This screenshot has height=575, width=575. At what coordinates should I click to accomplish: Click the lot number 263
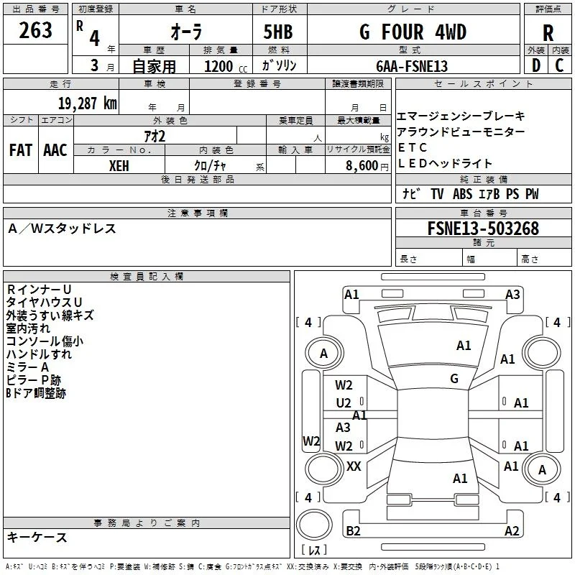(35, 30)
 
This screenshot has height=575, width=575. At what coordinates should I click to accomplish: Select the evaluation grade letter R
(548, 33)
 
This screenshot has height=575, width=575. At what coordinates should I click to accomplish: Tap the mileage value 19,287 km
(87, 103)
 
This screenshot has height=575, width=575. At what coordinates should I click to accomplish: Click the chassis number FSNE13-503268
(483, 229)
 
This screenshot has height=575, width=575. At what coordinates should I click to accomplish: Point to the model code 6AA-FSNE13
(412, 66)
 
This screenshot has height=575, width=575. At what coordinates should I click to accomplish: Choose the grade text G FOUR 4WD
(413, 32)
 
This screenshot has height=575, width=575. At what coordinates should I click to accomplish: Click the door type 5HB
(278, 32)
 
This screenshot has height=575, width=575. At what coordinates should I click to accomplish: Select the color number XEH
(119, 166)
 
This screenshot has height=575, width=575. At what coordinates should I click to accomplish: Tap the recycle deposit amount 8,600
(362, 166)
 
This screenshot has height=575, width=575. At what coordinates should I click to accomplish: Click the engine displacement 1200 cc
(226, 66)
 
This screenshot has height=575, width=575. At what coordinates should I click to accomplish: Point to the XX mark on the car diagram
(354, 466)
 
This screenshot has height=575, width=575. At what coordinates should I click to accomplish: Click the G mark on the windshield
(454, 378)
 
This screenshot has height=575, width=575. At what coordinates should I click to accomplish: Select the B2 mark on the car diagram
(353, 530)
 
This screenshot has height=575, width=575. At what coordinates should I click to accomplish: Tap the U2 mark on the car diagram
(344, 403)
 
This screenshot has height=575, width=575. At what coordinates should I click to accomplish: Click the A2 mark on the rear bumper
(512, 530)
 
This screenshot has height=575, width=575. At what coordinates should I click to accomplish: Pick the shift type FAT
(21, 150)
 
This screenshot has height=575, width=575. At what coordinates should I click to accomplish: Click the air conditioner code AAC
(55, 150)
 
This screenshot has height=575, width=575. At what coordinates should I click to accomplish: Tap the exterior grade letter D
(536, 65)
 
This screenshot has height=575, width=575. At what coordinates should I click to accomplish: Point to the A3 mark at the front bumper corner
(512, 295)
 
